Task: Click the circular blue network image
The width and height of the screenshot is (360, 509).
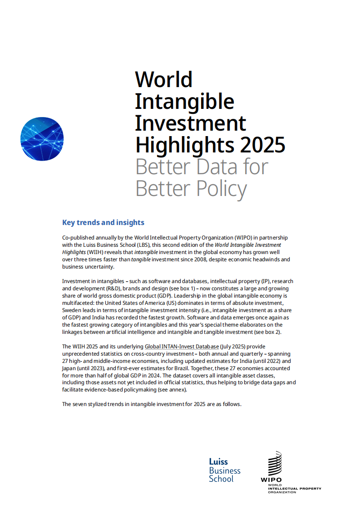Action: pyautogui.click(x=42, y=139)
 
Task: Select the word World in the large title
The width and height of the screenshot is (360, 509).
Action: pyautogui.click(x=164, y=79)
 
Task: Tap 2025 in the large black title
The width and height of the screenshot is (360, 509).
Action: pyautogui.click(x=263, y=145)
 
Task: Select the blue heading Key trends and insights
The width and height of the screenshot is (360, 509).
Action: pyautogui.click(x=103, y=222)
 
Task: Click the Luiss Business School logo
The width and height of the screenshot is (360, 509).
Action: pyautogui.click(x=224, y=470)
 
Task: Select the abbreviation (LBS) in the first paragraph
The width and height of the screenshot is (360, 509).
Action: pyautogui.click(x=142, y=245)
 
